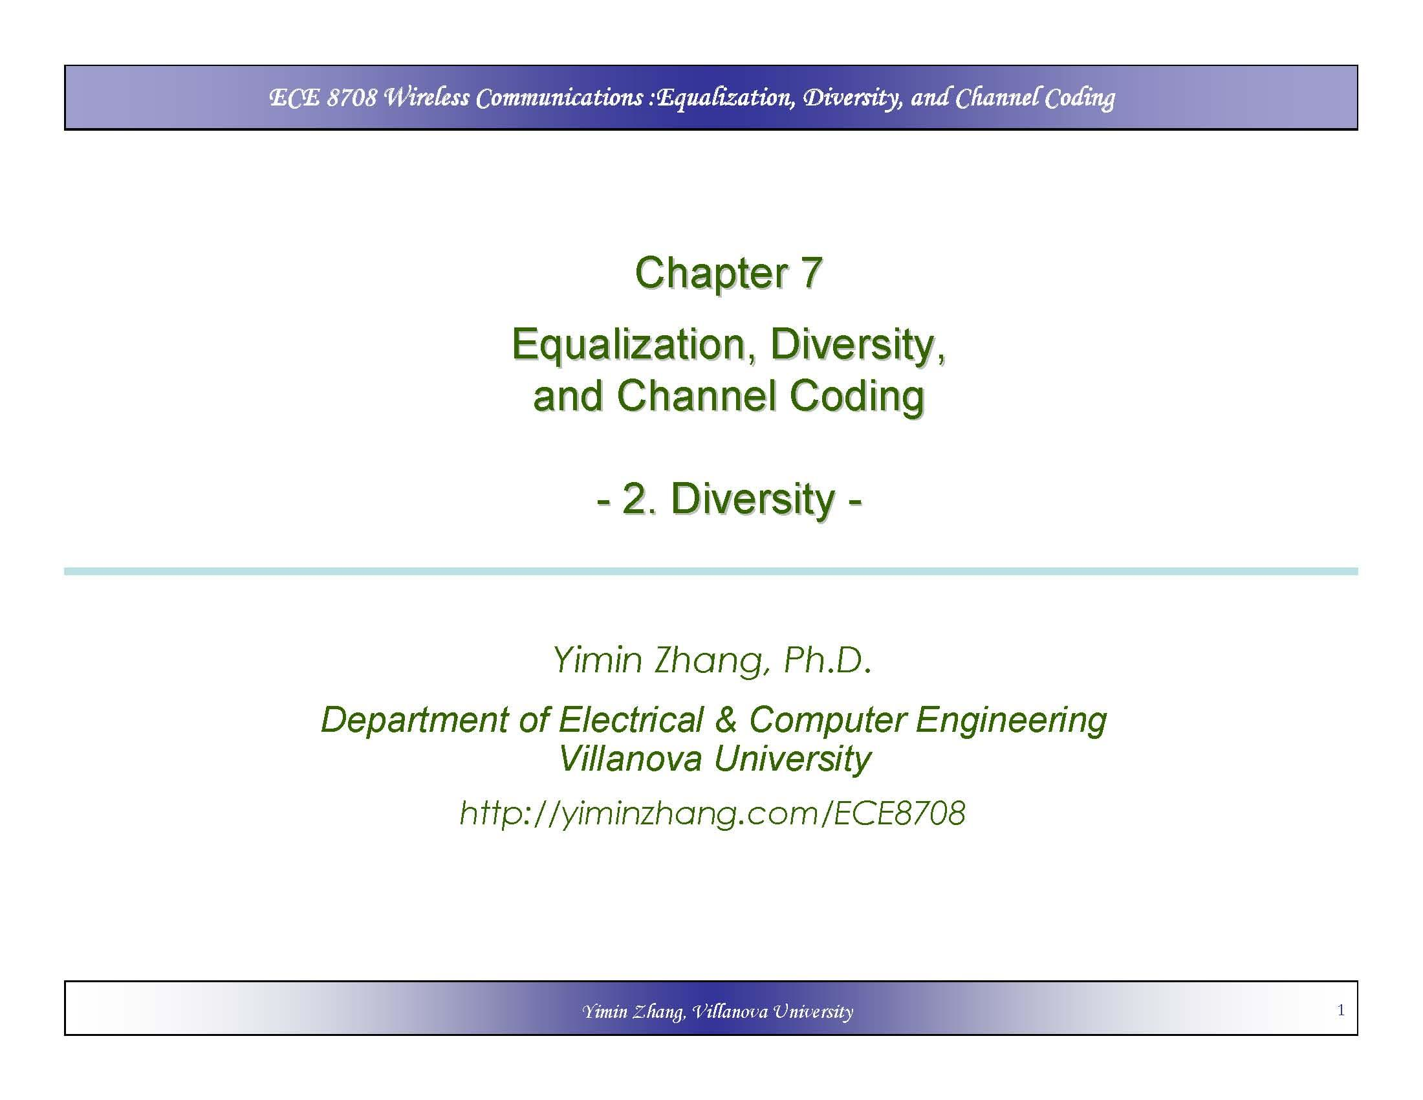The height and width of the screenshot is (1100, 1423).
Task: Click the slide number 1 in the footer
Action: (1340, 1010)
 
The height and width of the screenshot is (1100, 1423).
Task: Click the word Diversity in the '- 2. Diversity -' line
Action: (752, 500)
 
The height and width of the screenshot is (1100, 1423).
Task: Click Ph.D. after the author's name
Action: (827, 660)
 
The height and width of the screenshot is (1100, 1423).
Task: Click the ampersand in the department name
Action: (726, 720)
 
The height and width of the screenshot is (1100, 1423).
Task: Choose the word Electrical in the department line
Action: (631, 720)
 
